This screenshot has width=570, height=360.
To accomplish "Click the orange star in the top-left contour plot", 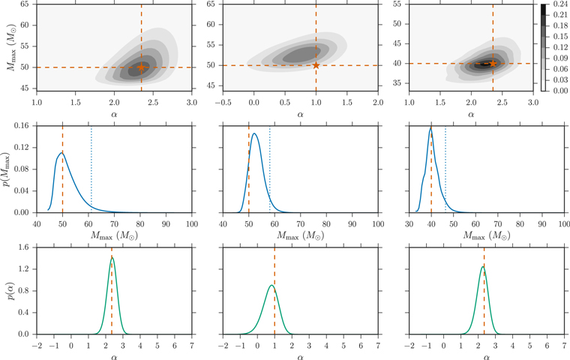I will click(141, 67).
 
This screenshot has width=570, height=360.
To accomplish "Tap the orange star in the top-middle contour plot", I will click(316, 65).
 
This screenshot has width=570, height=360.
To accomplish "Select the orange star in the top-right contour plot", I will click(493, 63).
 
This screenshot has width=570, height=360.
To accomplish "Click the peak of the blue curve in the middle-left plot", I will click(61, 153).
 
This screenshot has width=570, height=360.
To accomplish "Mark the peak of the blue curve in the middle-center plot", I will click(254, 134).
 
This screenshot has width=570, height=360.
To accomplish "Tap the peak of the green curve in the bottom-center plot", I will click(271, 285).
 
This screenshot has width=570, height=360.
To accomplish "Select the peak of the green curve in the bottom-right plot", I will click(483, 267).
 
